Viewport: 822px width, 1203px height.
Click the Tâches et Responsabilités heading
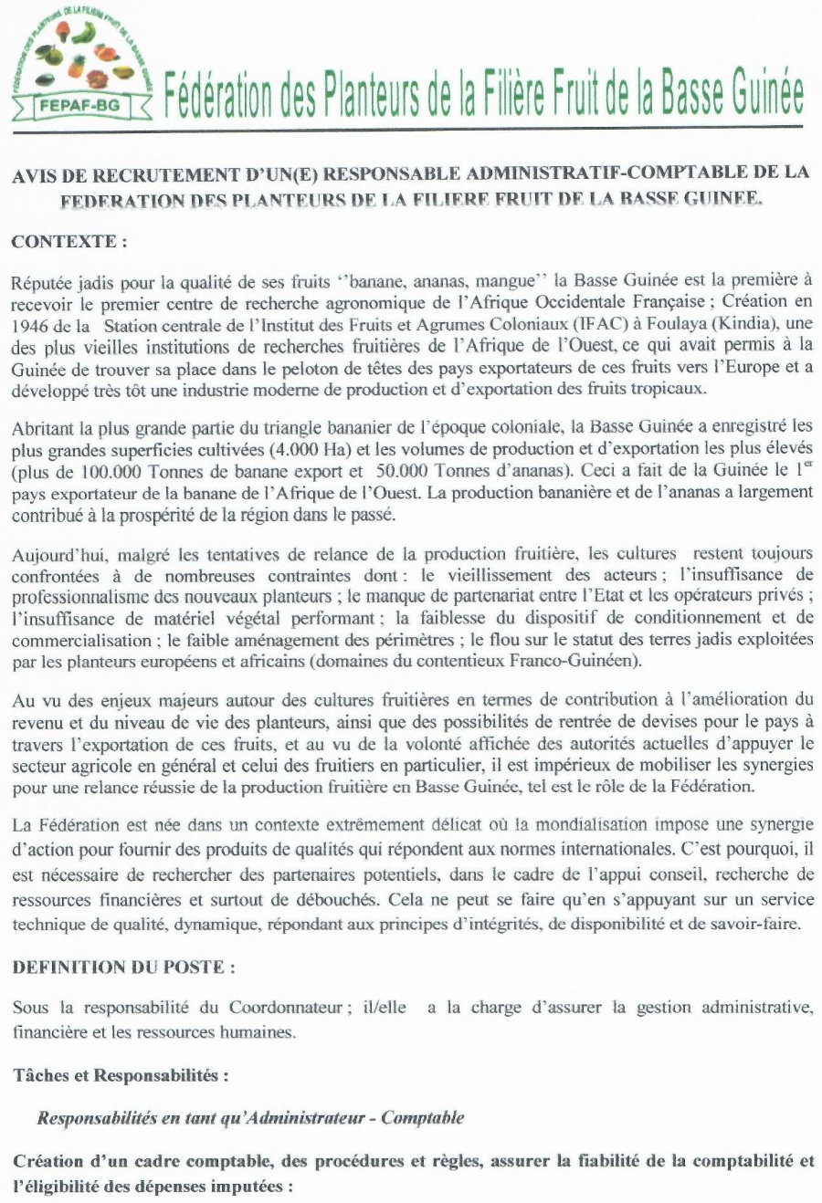(x=120, y=1075)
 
